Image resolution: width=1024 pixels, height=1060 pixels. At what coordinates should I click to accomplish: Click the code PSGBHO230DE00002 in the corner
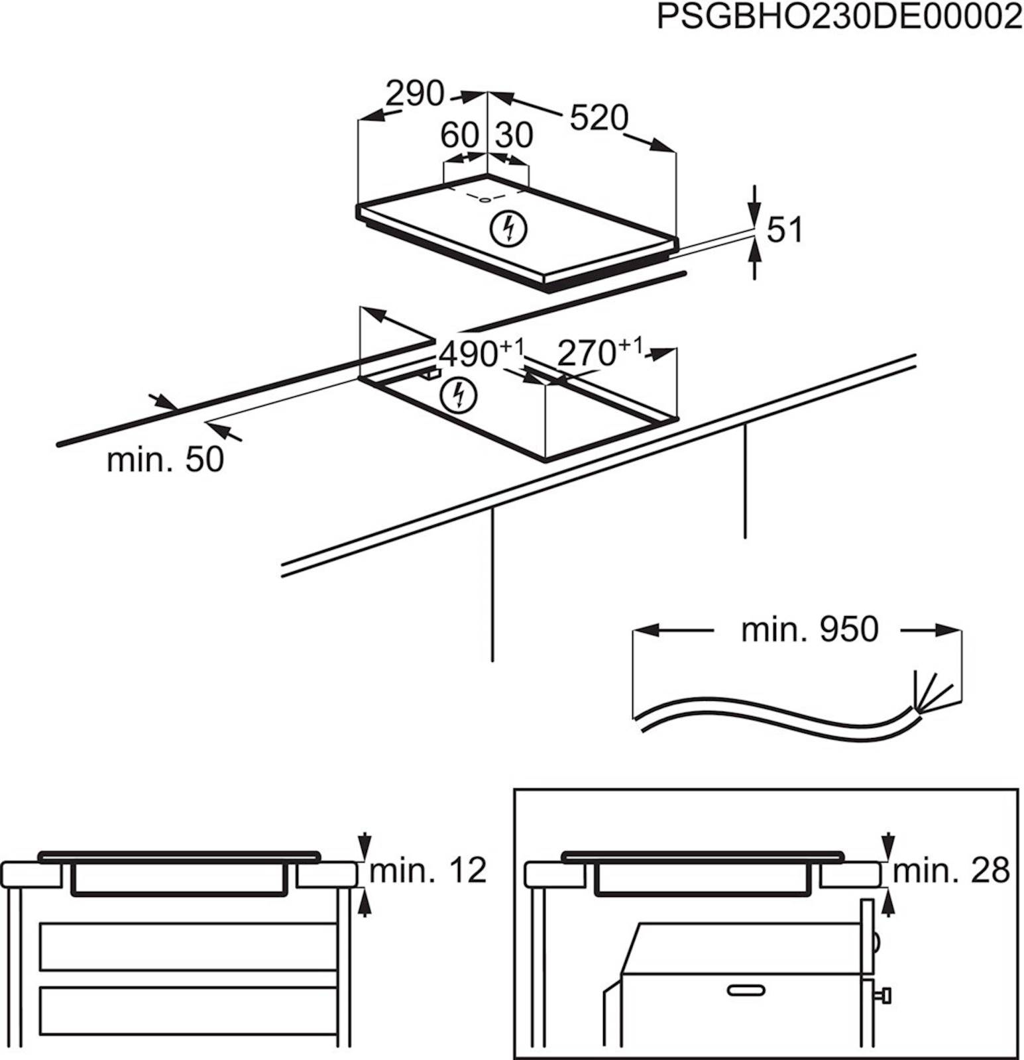839,17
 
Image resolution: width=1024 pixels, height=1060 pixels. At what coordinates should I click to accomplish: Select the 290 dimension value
414,94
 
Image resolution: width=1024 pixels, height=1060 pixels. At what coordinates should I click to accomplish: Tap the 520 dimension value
598,119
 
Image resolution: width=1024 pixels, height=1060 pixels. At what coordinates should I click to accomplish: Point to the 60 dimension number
459,136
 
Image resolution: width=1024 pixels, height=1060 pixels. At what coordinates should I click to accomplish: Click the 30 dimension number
514,136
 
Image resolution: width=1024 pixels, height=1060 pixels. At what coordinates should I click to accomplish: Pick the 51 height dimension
785,231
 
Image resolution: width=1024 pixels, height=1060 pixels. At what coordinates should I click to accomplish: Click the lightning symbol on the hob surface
508,229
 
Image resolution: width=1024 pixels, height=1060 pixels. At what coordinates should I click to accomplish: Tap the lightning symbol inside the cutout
458,395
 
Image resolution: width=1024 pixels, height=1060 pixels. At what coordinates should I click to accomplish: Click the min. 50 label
166,459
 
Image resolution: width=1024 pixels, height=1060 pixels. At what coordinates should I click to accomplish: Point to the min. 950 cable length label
809,629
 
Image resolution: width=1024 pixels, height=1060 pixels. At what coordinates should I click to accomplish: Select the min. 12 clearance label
427,871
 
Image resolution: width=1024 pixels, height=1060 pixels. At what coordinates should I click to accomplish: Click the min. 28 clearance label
951,871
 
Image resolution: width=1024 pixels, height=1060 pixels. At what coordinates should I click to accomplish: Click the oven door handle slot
746,990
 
